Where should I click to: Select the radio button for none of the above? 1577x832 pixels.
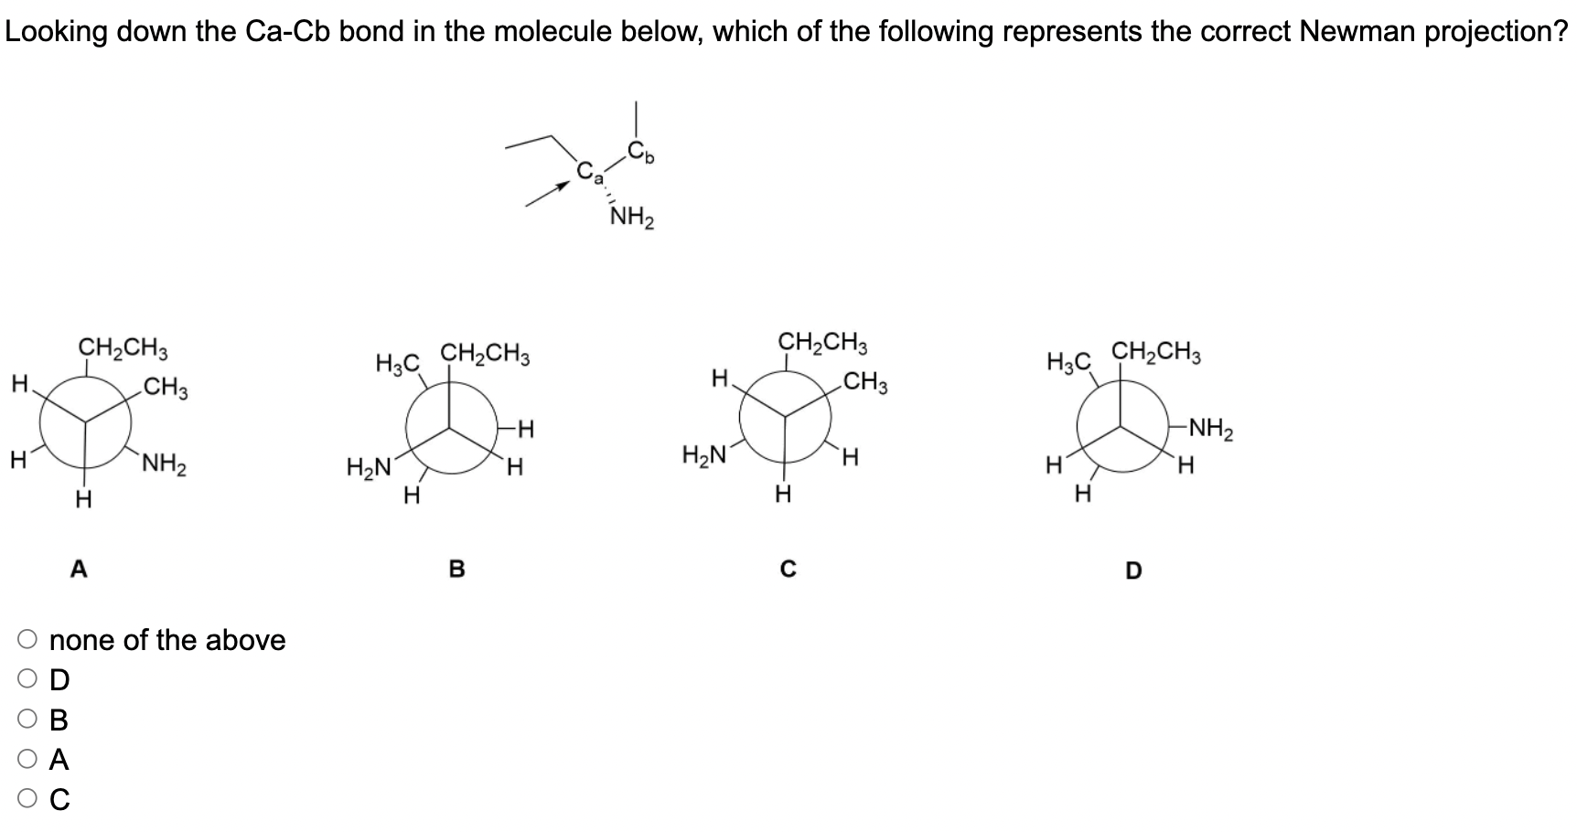coord(27,640)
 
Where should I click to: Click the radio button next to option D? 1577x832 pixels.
coord(27,680)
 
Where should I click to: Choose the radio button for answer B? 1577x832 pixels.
coord(27,720)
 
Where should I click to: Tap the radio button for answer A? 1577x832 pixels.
coord(27,760)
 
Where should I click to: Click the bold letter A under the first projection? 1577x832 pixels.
coord(80,570)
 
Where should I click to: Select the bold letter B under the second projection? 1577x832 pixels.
coord(457,570)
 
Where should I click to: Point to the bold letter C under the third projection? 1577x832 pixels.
coord(788,570)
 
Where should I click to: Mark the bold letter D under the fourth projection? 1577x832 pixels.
coord(1133,571)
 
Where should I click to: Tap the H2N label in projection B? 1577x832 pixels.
coord(369,468)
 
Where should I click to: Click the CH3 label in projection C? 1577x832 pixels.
coord(865,382)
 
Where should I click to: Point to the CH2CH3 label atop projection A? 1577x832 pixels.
coord(123,348)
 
